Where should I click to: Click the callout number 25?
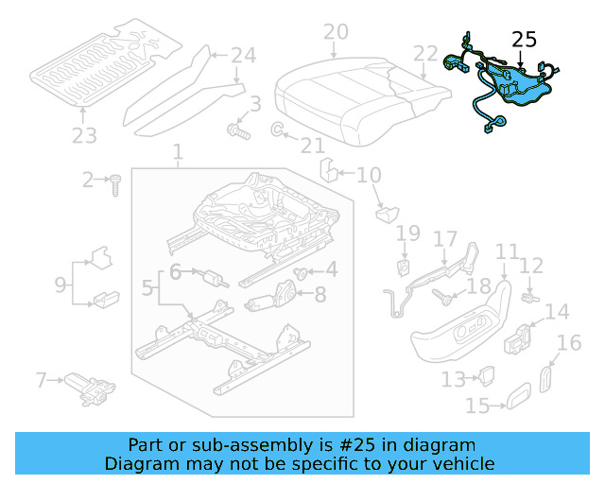(524, 40)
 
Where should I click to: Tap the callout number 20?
(336, 33)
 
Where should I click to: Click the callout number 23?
(84, 137)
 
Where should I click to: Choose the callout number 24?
(244, 56)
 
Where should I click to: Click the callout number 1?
(177, 152)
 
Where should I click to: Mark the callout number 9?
(60, 283)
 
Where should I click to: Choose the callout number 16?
(569, 343)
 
